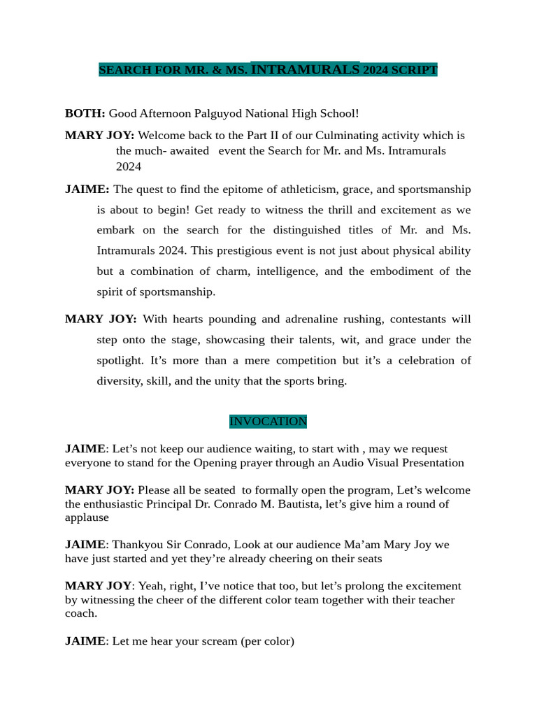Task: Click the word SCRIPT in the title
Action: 416,71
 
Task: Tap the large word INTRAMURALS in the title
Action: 305,69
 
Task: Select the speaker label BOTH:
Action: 85,113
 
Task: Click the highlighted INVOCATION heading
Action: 268,422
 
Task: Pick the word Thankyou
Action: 137,545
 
